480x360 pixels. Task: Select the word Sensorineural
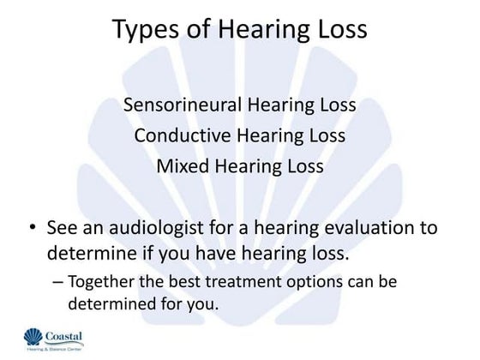click(x=181, y=105)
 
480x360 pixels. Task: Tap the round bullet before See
click(x=32, y=230)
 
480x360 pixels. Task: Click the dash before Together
click(x=57, y=282)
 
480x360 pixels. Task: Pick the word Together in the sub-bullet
click(x=101, y=282)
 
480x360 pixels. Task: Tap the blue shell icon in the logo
click(x=33, y=339)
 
